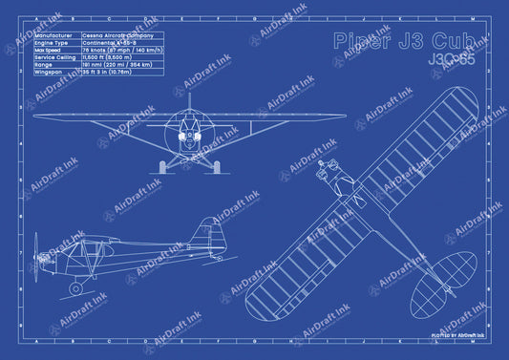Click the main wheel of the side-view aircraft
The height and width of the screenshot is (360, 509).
pyautogui.click(x=76, y=287)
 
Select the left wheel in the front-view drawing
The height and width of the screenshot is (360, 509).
pyautogui.click(x=163, y=166)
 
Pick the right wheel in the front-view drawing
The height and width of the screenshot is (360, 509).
pyautogui.click(x=216, y=166)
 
